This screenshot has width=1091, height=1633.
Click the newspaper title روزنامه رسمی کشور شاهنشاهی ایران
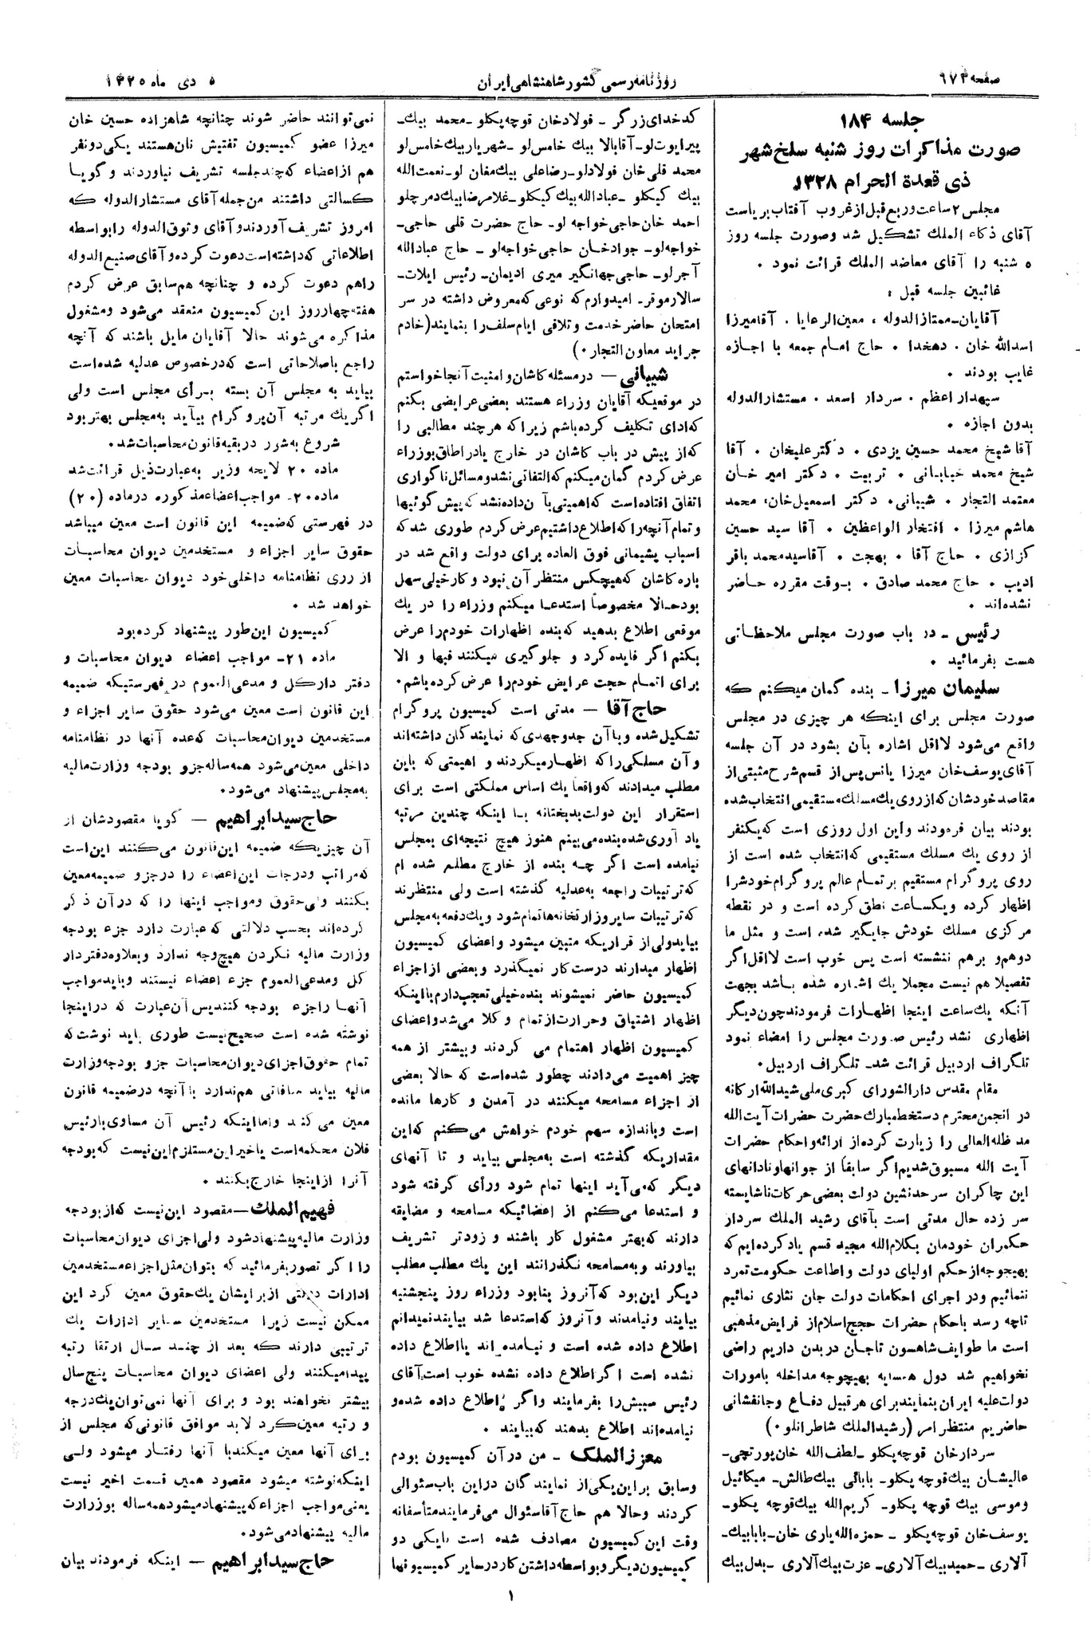[546, 80]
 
